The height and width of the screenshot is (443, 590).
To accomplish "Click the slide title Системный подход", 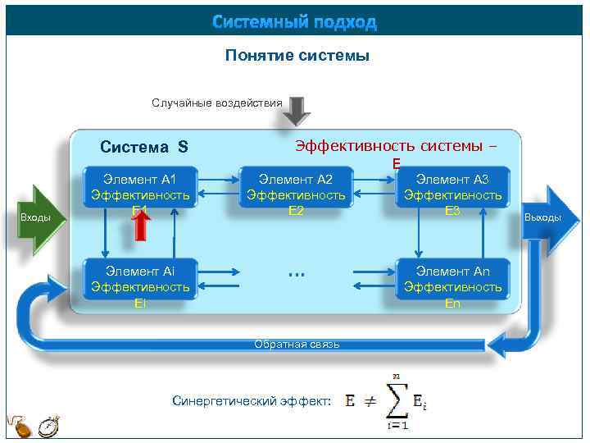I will pos(294,22).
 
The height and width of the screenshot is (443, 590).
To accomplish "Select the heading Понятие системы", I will pos(297,56).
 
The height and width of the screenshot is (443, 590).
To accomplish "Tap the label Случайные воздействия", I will pos(216,103).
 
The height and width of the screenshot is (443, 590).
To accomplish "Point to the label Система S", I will pos(143,148).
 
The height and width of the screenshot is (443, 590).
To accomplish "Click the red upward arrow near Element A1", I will pos(141,223).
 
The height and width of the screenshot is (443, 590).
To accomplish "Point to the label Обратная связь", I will pos(297,344).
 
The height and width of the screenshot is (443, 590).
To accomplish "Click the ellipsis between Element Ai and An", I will pos(297,272).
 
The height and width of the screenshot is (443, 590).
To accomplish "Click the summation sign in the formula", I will pos(397,400).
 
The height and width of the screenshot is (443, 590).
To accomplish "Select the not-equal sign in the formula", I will pos(370,401).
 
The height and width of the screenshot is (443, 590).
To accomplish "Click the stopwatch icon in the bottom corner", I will pos(49,427).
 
